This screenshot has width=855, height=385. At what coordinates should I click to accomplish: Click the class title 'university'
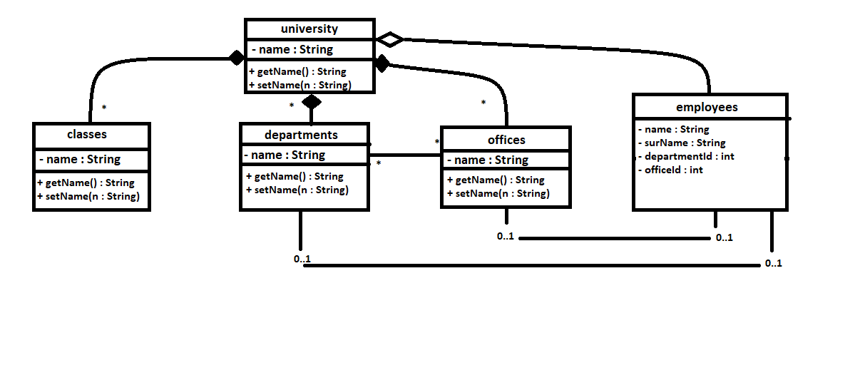click(x=309, y=29)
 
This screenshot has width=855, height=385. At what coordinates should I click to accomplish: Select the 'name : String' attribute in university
click(x=292, y=50)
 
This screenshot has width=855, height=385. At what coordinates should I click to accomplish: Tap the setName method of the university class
click(x=299, y=85)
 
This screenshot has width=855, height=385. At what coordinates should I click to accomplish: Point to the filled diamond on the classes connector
click(x=236, y=58)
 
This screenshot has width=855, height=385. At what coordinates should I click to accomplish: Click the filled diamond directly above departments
click(x=311, y=102)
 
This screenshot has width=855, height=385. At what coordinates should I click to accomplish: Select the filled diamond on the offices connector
click(x=382, y=63)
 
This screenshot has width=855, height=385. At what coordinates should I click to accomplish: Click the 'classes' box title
click(x=86, y=134)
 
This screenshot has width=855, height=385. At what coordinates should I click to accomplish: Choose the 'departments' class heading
click(x=301, y=135)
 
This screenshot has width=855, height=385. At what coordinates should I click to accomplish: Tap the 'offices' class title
click(x=506, y=139)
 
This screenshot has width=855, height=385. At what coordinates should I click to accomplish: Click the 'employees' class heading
click(x=707, y=108)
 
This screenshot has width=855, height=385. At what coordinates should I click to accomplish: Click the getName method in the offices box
click(x=496, y=180)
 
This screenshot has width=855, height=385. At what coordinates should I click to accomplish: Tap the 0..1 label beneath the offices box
click(x=506, y=236)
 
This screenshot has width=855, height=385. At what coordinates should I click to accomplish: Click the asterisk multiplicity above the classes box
click(x=104, y=108)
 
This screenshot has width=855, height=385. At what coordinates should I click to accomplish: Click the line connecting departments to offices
click(x=405, y=155)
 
